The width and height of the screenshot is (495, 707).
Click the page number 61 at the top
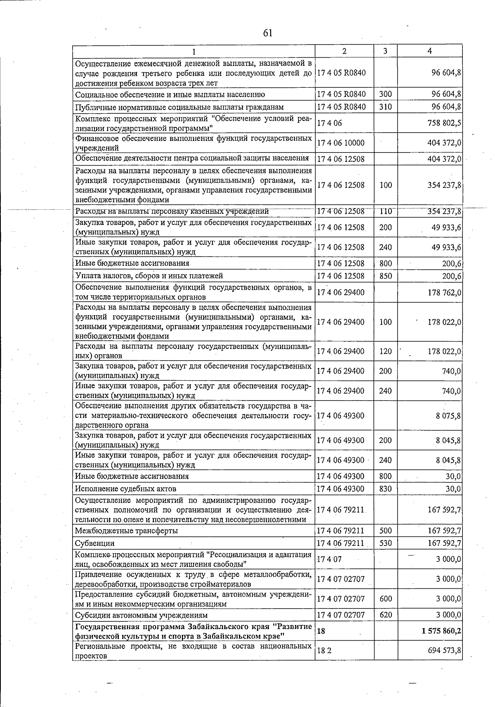268,33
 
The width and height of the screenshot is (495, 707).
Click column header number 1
193,51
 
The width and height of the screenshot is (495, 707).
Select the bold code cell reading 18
321,631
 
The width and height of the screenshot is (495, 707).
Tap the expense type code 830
385,489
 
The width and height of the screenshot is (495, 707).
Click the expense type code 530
385,543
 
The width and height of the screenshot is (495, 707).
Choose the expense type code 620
385,615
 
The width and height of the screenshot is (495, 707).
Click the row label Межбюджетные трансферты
126,531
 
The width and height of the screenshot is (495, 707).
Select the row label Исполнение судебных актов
125,489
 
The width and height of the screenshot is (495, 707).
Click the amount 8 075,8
448,416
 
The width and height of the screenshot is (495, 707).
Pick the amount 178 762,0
444,293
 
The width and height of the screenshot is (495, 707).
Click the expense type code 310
385,107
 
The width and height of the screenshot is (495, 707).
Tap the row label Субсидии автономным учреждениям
141,615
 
